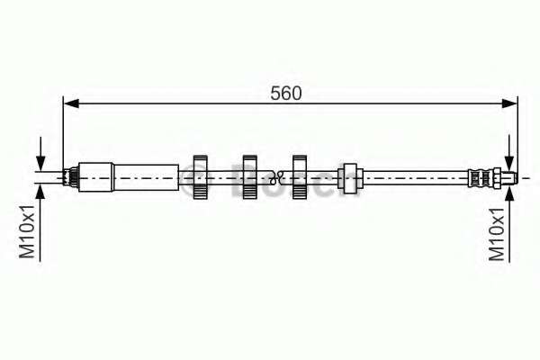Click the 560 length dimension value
[285, 94]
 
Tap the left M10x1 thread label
[27, 231]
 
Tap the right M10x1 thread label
[497, 235]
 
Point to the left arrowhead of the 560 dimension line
[71, 103]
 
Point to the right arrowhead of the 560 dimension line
[509, 103]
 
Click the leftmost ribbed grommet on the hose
[200, 177]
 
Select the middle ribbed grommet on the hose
[249, 177]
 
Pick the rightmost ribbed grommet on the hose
[300, 177]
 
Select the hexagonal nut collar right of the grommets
[350, 178]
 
